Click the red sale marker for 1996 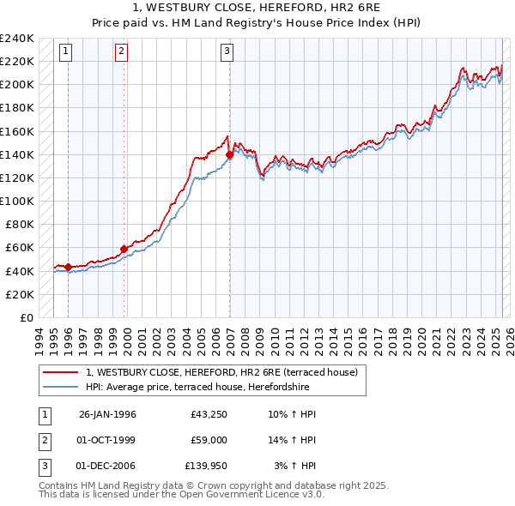coord(68,267)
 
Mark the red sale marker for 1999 coord(124,249)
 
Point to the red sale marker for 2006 coord(230,154)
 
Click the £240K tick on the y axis coord(17,39)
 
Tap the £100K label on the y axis coord(17,201)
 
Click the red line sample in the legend coord(62,372)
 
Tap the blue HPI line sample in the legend coord(62,387)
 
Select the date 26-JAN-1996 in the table coord(107,414)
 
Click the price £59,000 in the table coord(209,440)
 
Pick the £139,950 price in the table coord(206,466)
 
